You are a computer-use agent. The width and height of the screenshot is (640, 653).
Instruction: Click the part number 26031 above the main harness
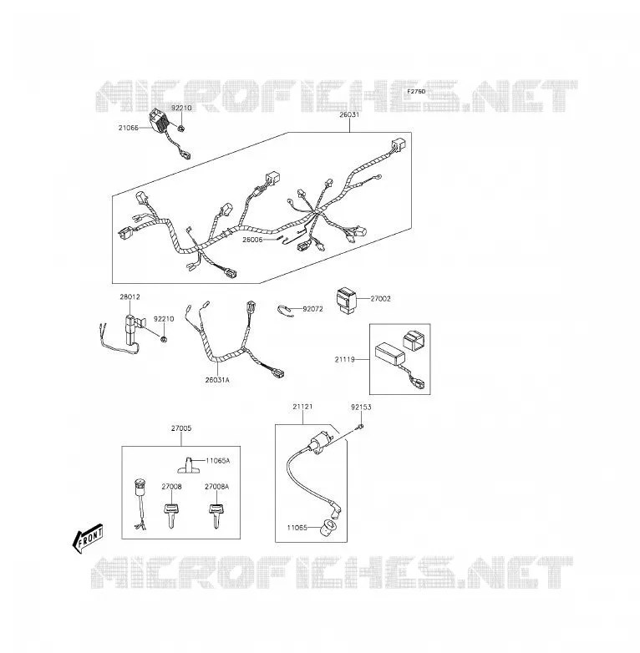[x=349, y=114]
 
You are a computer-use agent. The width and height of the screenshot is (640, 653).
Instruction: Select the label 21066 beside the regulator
[x=129, y=128]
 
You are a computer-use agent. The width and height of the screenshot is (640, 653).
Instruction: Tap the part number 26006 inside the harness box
[x=252, y=240]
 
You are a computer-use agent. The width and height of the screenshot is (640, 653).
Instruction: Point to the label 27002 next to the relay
[x=380, y=298]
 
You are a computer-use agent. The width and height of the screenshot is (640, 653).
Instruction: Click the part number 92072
[x=312, y=309]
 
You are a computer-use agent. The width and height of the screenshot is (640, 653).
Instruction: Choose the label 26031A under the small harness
[x=217, y=380]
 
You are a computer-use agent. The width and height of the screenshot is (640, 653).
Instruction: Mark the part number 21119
[x=345, y=359]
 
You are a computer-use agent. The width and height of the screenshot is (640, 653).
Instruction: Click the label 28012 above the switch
[x=130, y=297]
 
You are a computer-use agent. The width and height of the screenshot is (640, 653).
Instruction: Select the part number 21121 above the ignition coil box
[x=302, y=407]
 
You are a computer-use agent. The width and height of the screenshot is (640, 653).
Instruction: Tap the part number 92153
[x=361, y=407]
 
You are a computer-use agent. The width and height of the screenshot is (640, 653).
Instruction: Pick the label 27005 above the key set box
[x=181, y=428]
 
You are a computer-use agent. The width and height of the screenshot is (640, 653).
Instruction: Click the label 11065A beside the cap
[x=218, y=460]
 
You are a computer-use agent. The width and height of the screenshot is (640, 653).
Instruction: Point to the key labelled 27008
[x=171, y=510]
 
